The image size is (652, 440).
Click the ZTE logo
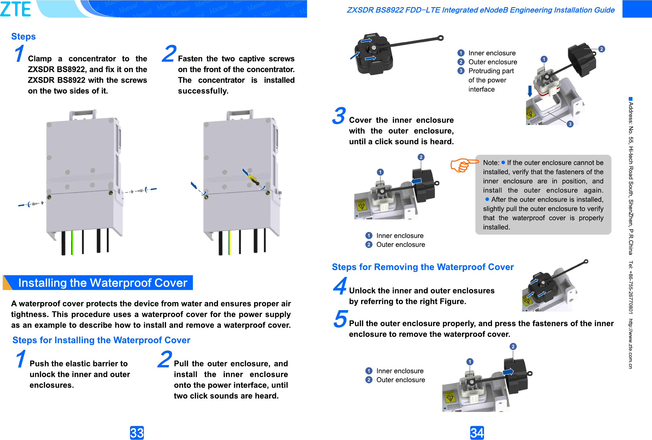pyautogui.click(x=16, y=9)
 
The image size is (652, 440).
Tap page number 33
pyautogui.click(x=137, y=433)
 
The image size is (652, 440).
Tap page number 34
pyautogui.click(x=477, y=433)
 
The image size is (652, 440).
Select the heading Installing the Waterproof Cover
pyautogui.click(x=103, y=283)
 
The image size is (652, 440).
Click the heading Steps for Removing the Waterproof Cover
pyautogui.click(x=423, y=267)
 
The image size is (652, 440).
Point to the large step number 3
pyautogui.click(x=339, y=116)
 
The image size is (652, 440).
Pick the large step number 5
pyautogui.click(x=341, y=319)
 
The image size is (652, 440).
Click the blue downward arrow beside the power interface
pyautogui.click(x=530, y=91)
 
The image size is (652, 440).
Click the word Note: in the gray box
pyautogui.click(x=491, y=162)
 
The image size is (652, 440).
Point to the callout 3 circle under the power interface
pyautogui.click(x=570, y=124)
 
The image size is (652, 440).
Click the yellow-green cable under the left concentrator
pyautogui.click(x=73, y=242)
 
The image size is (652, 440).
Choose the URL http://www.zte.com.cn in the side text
pyautogui.click(x=631, y=344)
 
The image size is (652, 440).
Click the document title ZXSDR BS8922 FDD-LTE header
pyautogui.click(x=481, y=10)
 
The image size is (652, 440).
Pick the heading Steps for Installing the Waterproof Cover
pyautogui.click(x=101, y=340)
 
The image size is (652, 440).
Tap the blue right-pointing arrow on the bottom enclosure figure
pyautogui.click(x=508, y=372)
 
